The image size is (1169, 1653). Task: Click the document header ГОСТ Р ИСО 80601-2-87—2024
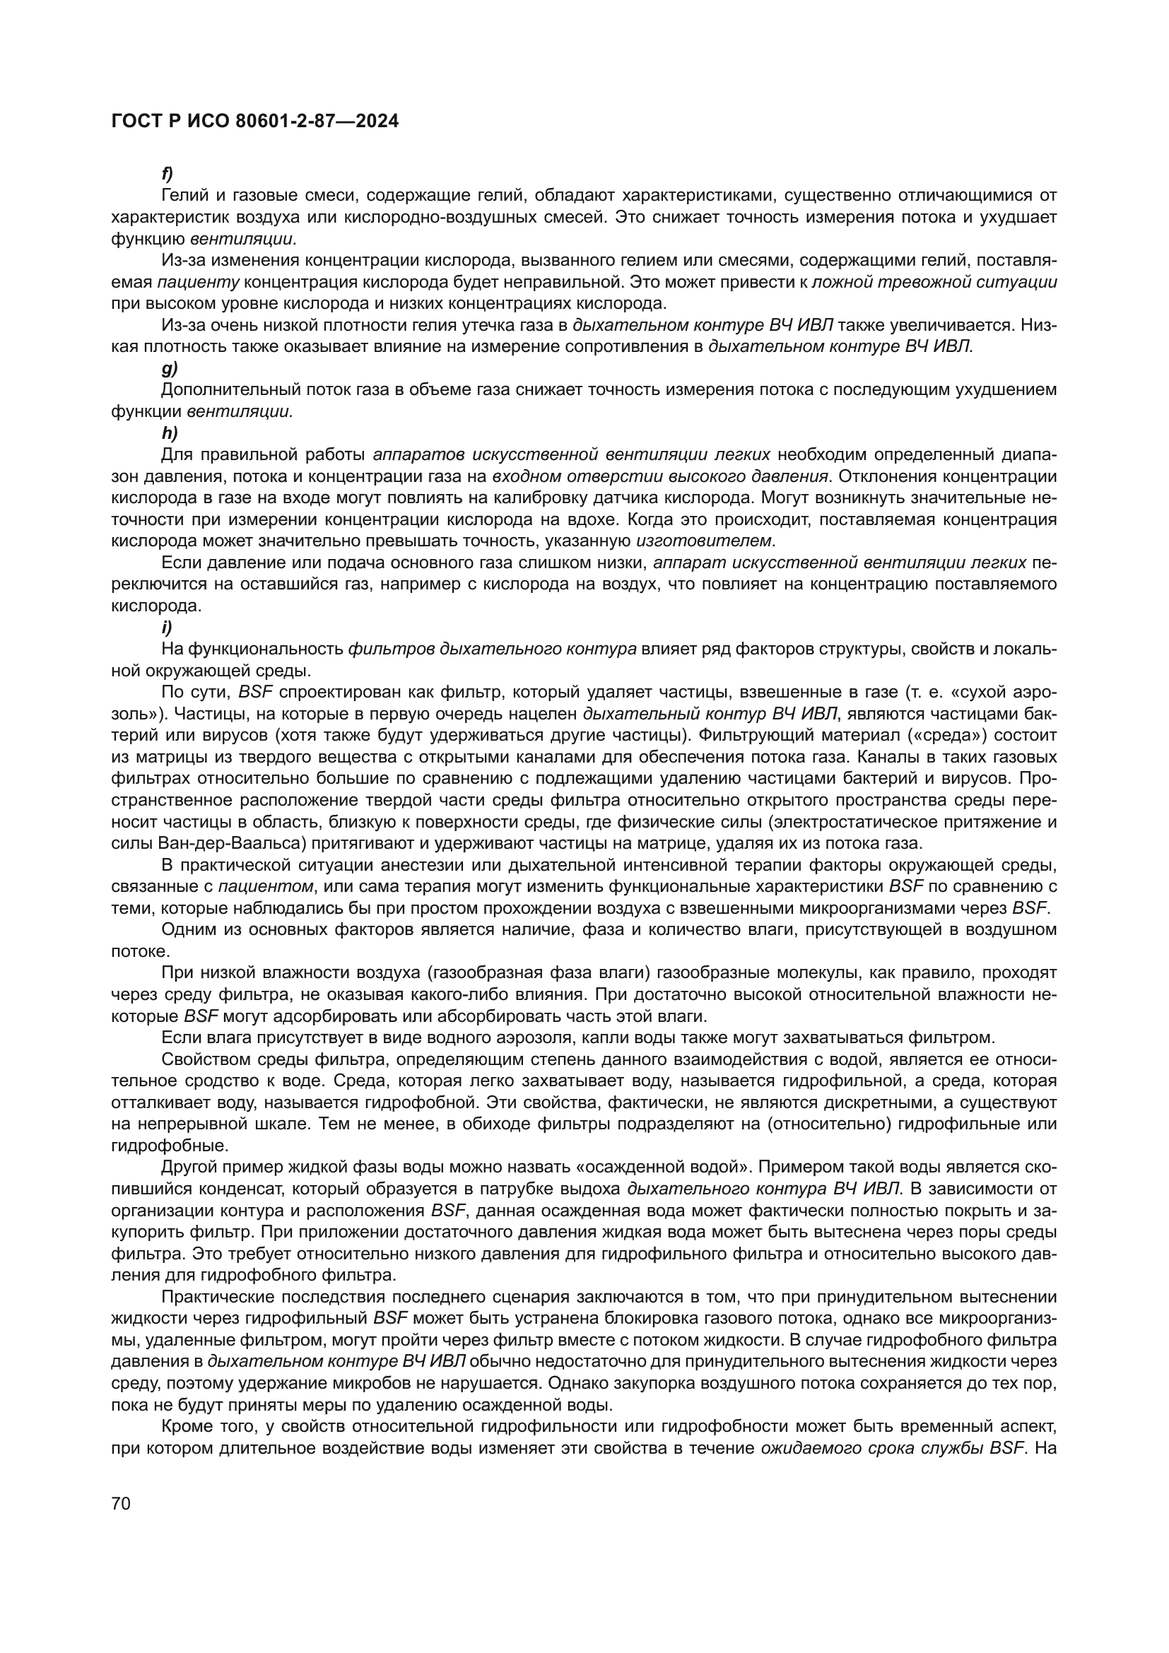pos(255,122)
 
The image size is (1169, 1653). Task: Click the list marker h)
pos(168,433)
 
